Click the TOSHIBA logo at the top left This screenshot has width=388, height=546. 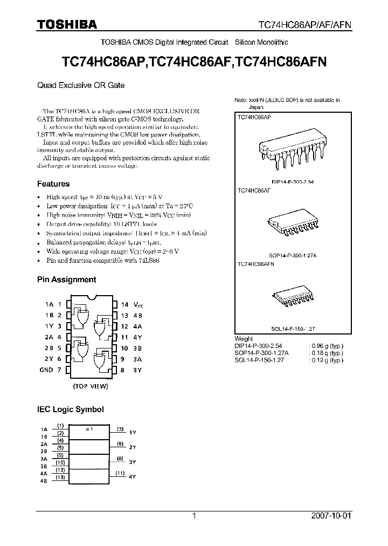(x=66, y=25)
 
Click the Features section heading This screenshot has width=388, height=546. (x=53, y=184)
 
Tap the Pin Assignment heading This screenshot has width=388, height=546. (x=66, y=279)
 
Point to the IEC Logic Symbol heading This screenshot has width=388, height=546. (x=70, y=409)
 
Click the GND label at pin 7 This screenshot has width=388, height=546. (x=46, y=370)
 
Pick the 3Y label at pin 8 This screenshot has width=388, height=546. (x=138, y=370)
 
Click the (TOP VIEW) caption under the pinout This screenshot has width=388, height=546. (x=91, y=387)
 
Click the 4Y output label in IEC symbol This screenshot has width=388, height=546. (x=133, y=477)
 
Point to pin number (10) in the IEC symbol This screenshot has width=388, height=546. (x=61, y=462)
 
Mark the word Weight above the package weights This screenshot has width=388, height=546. (x=244, y=339)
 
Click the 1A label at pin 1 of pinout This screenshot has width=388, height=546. (x=49, y=305)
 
